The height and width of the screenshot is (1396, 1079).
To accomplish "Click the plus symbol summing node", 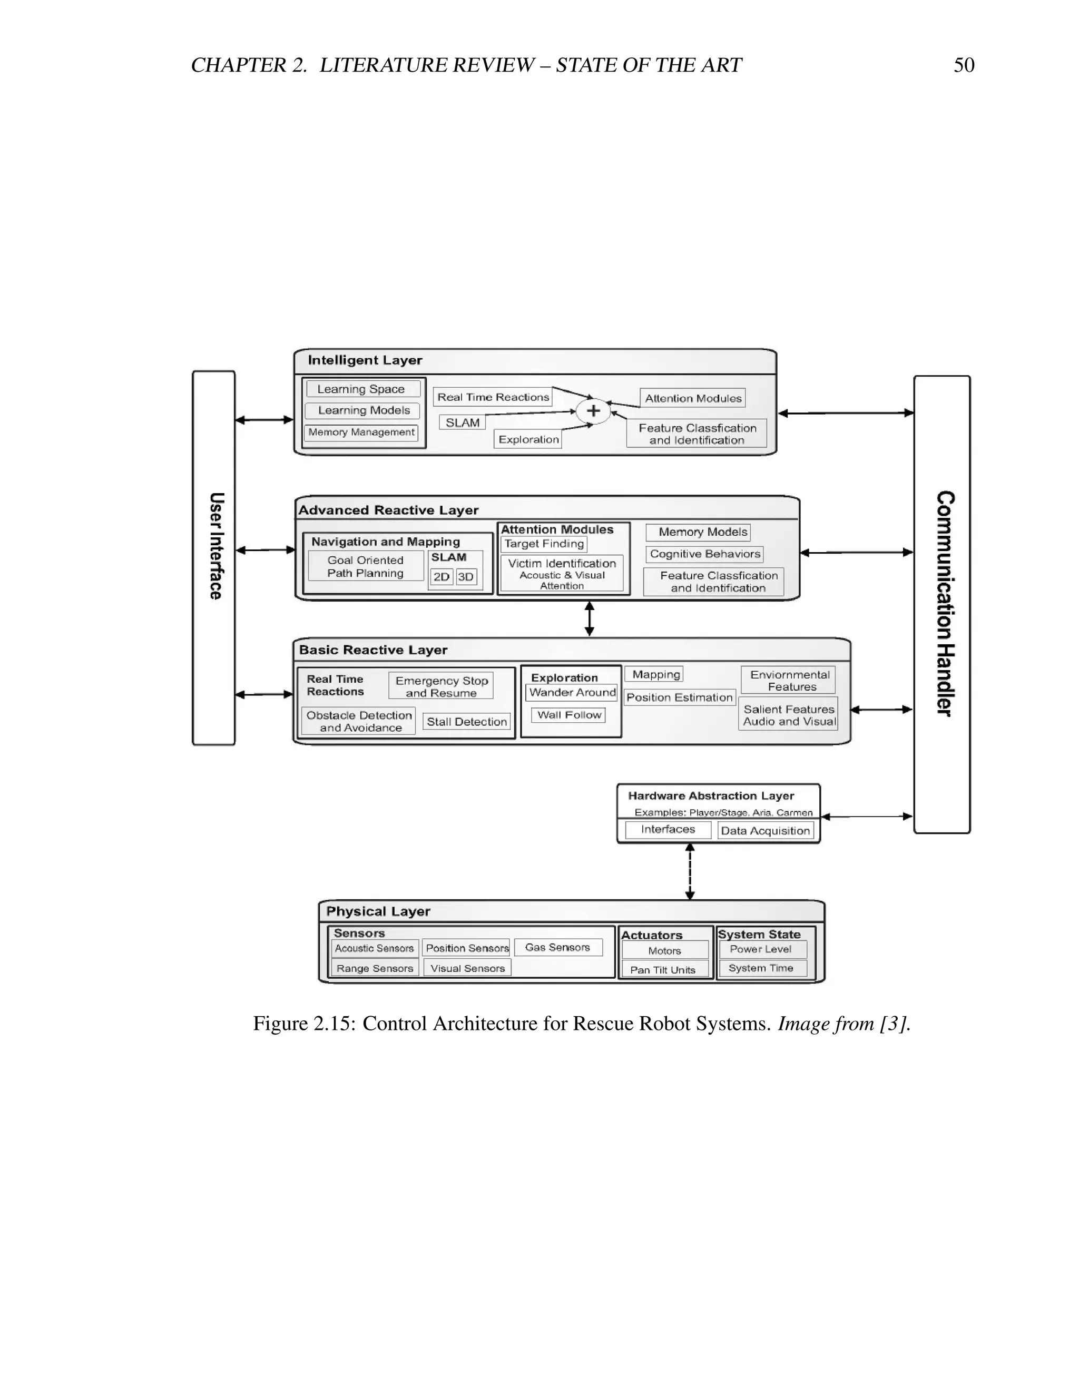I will (x=593, y=410).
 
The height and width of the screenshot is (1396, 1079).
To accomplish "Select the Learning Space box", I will (x=362, y=389).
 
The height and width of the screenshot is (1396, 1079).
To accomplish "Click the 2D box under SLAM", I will (x=442, y=576).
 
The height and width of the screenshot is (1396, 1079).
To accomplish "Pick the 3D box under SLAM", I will (x=466, y=576).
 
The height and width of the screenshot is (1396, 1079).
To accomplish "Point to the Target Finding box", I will (x=544, y=544).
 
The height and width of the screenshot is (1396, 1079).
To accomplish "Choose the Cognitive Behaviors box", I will (x=704, y=554).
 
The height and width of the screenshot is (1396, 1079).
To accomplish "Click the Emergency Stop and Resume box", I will (x=441, y=686).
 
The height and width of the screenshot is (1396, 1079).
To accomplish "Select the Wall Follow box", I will (x=569, y=715).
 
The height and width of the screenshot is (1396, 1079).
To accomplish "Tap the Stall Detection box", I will (x=467, y=722).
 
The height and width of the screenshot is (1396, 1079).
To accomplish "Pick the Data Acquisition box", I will (x=765, y=831).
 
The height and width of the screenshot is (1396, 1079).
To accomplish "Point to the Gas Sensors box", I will (x=557, y=947).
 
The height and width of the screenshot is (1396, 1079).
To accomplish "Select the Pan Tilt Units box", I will (x=663, y=970).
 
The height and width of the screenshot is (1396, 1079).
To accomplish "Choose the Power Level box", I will (x=760, y=949).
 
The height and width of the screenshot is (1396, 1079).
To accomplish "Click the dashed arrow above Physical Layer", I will (x=690, y=871).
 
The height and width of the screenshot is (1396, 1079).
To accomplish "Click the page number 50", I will (x=963, y=65).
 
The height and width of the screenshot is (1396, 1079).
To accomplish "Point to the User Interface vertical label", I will (x=216, y=546).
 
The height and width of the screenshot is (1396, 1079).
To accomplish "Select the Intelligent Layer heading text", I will (x=365, y=360).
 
